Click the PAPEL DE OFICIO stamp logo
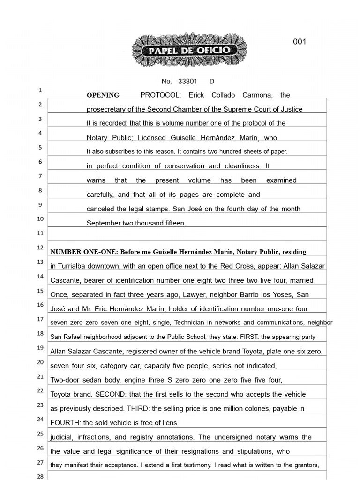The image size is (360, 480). click(x=189, y=50)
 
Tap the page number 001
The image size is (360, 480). click(x=300, y=42)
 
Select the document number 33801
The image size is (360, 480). click(x=187, y=81)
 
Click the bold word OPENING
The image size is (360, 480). click(x=103, y=95)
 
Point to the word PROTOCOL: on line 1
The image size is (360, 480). click(x=160, y=95)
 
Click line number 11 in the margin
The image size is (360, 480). click(x=40, y=233)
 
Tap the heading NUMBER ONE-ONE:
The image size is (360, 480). click(x=84, y=252)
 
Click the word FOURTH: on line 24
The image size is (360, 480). click(x=66, y=423)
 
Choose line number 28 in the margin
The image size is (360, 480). click(x=40, y=476)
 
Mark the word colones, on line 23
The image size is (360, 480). click(x=257, y=409)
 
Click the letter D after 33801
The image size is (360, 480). click(x=212, y=81)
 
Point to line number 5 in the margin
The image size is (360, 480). click(x=40, y=147)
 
